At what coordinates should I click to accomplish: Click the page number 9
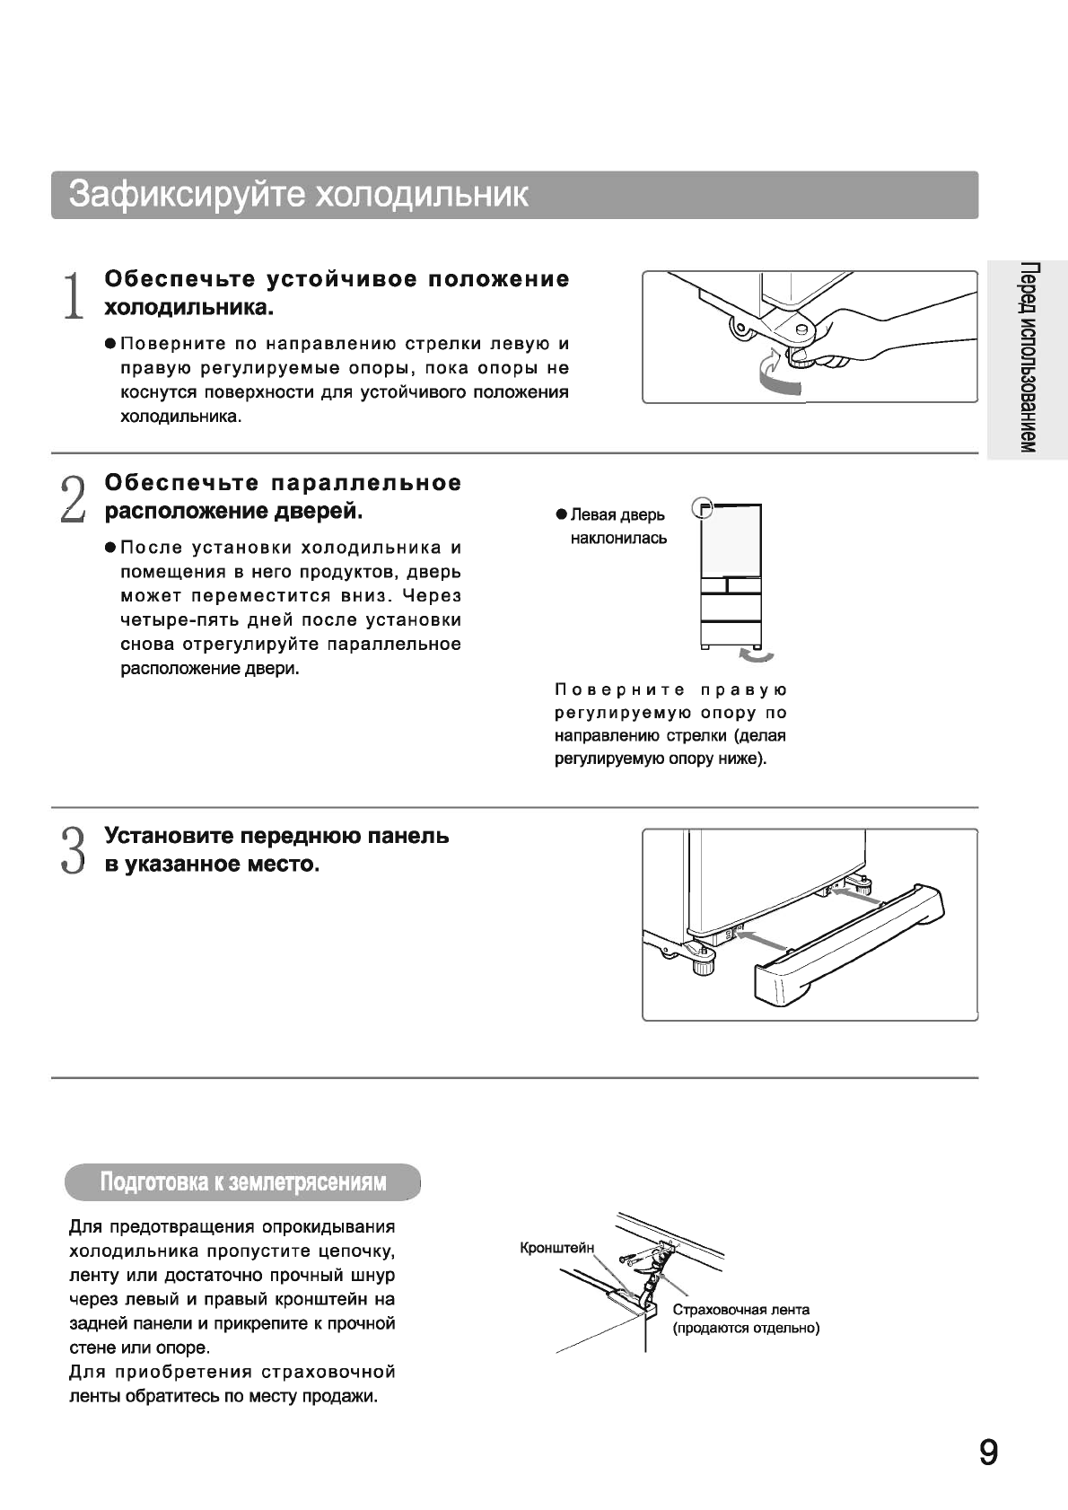988,1453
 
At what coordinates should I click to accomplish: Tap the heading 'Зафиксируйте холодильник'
299,195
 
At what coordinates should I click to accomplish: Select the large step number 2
73,499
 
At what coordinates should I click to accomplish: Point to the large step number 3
73,850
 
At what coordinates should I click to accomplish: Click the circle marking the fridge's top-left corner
704,508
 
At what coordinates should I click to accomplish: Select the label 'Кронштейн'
556,1248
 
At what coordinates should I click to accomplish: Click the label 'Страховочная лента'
740,1309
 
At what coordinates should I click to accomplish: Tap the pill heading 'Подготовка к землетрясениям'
242,1181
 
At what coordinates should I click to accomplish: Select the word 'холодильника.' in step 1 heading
188,308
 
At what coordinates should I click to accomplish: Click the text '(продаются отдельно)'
746,1328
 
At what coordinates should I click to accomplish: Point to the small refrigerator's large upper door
731,539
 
